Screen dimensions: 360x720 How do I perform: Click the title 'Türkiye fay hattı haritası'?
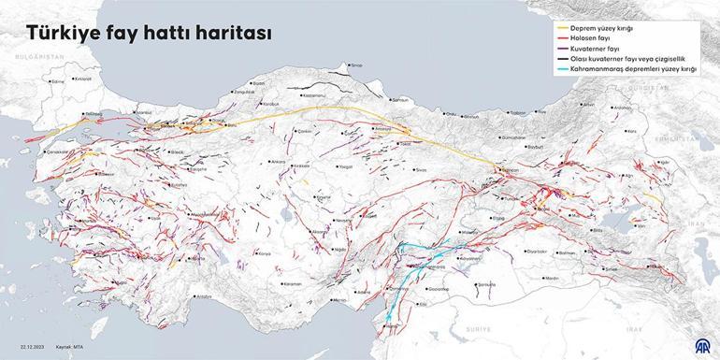(x=150, y=34)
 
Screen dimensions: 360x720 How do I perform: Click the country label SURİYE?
(x=479, y=329)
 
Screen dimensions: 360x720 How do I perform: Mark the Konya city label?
(x=265, y=253)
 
